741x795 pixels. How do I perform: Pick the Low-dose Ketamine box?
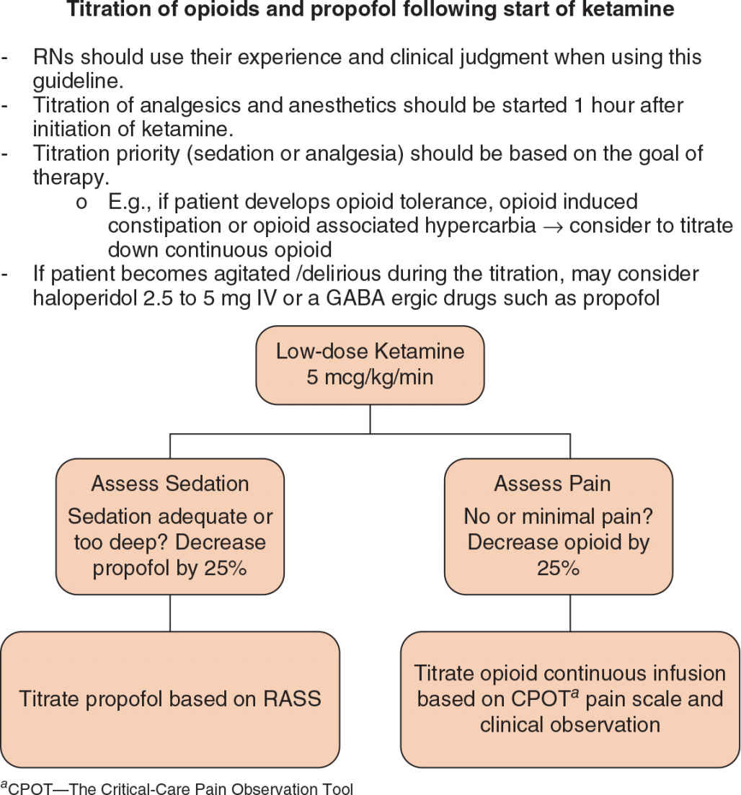370,364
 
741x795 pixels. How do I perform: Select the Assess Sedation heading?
170,484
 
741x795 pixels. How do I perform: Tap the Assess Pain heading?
552,484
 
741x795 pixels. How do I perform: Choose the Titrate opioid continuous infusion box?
570,698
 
